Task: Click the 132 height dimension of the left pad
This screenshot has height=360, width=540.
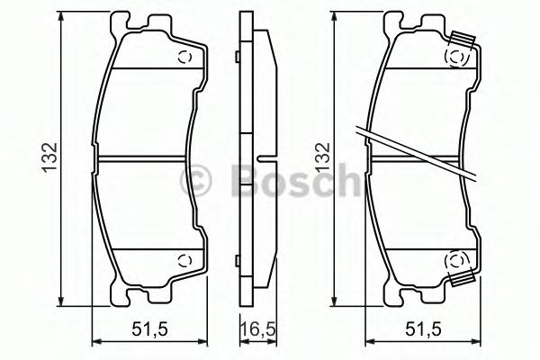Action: point(49,157)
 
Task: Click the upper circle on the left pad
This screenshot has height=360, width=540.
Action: point(184,58)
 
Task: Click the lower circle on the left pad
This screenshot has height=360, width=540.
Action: point(184,260)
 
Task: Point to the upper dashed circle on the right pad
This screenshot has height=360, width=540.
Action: point(456,58)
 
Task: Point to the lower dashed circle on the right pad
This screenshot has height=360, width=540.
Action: point(456,260)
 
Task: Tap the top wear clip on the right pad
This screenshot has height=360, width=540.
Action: point(463,39)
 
